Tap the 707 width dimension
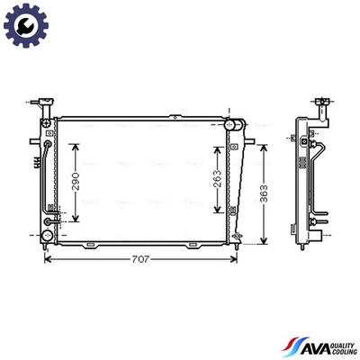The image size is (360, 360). (x=137, y=260)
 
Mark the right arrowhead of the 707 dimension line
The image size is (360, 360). (x=235, y=260)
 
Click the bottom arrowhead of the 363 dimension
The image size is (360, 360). (x=263, y=241)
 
